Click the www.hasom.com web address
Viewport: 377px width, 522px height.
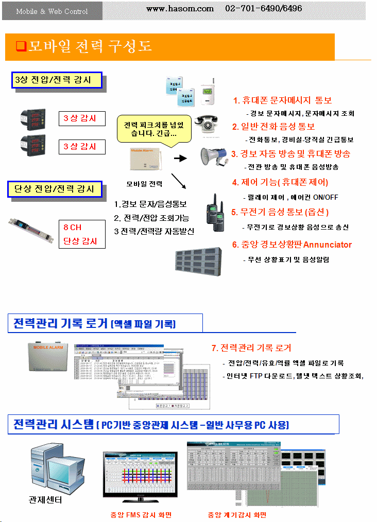(x=180, y=8)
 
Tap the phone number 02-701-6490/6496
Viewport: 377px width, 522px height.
(x=263, y=8)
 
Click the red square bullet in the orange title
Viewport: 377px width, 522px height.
(x=21, y=46)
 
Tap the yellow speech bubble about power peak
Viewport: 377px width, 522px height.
(x=153, y=130)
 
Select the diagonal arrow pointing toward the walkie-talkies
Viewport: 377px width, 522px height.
(x=178, y=181)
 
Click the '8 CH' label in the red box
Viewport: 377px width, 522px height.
(x=73, y=227)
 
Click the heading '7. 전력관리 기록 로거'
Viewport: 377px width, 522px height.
(x=251, y=348)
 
